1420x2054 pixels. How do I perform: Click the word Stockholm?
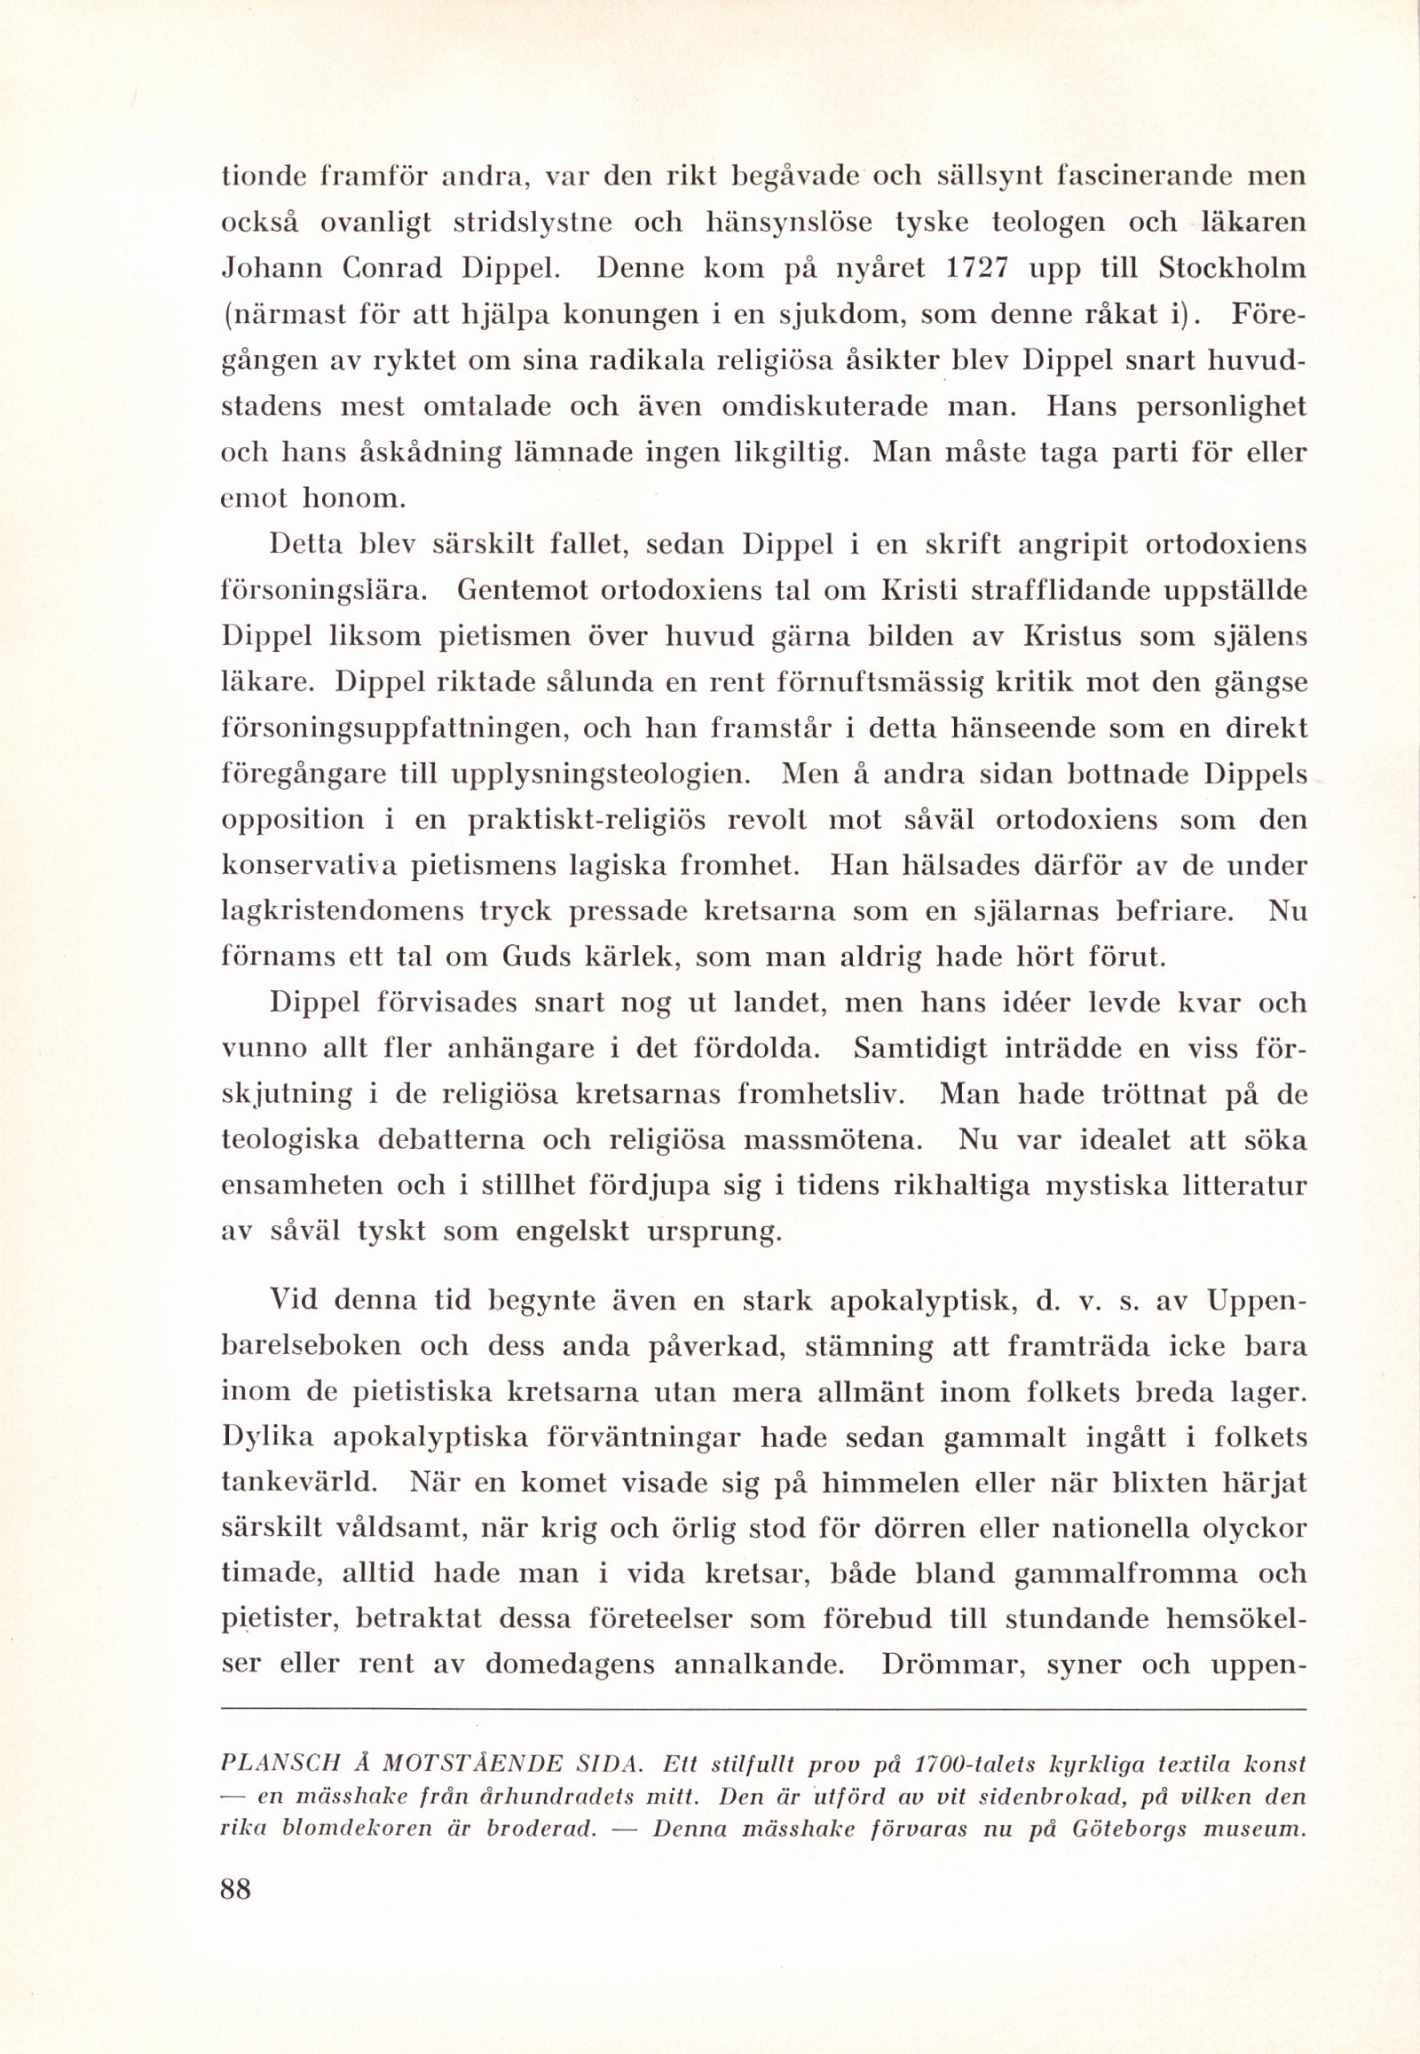[1232, 268]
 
